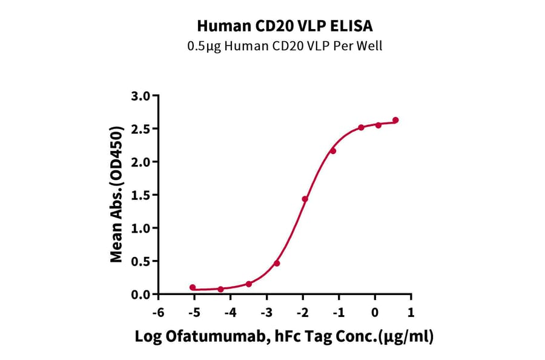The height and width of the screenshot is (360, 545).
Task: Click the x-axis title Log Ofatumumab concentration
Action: coord(284,338)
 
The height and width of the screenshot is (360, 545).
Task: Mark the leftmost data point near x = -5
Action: coord(193,287)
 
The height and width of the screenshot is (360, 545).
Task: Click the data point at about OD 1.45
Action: coord(305,199)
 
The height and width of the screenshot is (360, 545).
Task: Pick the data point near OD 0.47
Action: coord(277,263)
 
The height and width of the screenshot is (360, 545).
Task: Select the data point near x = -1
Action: coord(333,150)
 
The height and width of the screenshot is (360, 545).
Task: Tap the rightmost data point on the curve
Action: coord(395,120)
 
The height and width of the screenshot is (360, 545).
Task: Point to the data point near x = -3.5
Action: coord(249,284)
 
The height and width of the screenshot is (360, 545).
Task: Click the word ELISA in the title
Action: coord(354,26)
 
